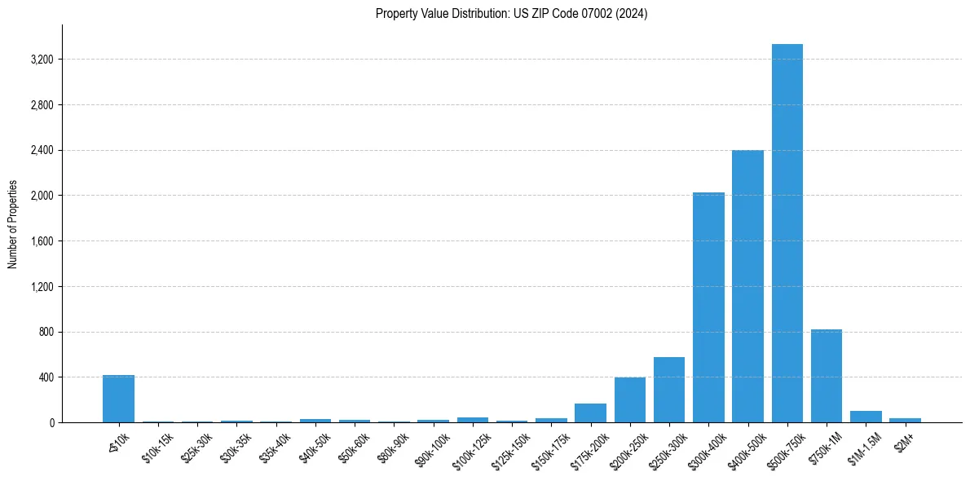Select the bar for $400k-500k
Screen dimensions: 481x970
tap(747, 286)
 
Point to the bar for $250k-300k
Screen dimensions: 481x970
tap(668, 390)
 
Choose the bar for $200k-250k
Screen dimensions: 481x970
tap(629, 399)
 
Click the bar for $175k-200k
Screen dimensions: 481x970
tap(590, 413)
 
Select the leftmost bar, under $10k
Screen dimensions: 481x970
tap(118, 399)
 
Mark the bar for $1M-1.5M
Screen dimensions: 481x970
tap(866, 417)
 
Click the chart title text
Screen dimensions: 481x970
tap(511, 14)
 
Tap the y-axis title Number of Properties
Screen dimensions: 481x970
tap(13, 223)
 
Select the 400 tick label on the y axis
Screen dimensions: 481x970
tap(45, 377)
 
